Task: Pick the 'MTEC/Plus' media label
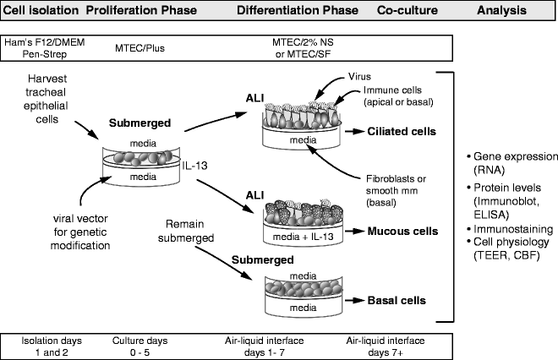[139, 48]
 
